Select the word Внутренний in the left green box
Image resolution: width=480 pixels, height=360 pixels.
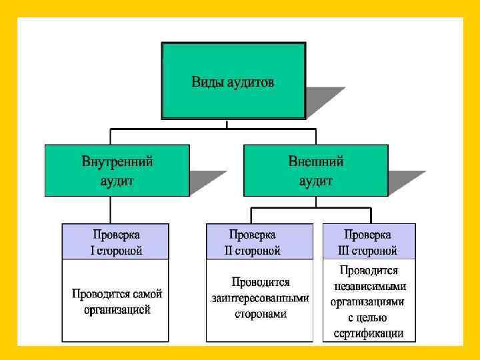coord(118,161)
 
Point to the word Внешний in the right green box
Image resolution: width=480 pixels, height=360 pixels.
coord(316,161)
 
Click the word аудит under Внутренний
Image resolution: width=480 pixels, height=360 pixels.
coord(117,180)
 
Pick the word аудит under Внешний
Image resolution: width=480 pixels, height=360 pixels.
coord(316,180)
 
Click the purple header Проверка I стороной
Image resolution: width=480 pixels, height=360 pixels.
coord(116,242)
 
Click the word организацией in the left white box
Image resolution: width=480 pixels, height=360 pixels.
coord(117,309)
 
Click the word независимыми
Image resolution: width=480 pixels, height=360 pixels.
coord(369,286)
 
